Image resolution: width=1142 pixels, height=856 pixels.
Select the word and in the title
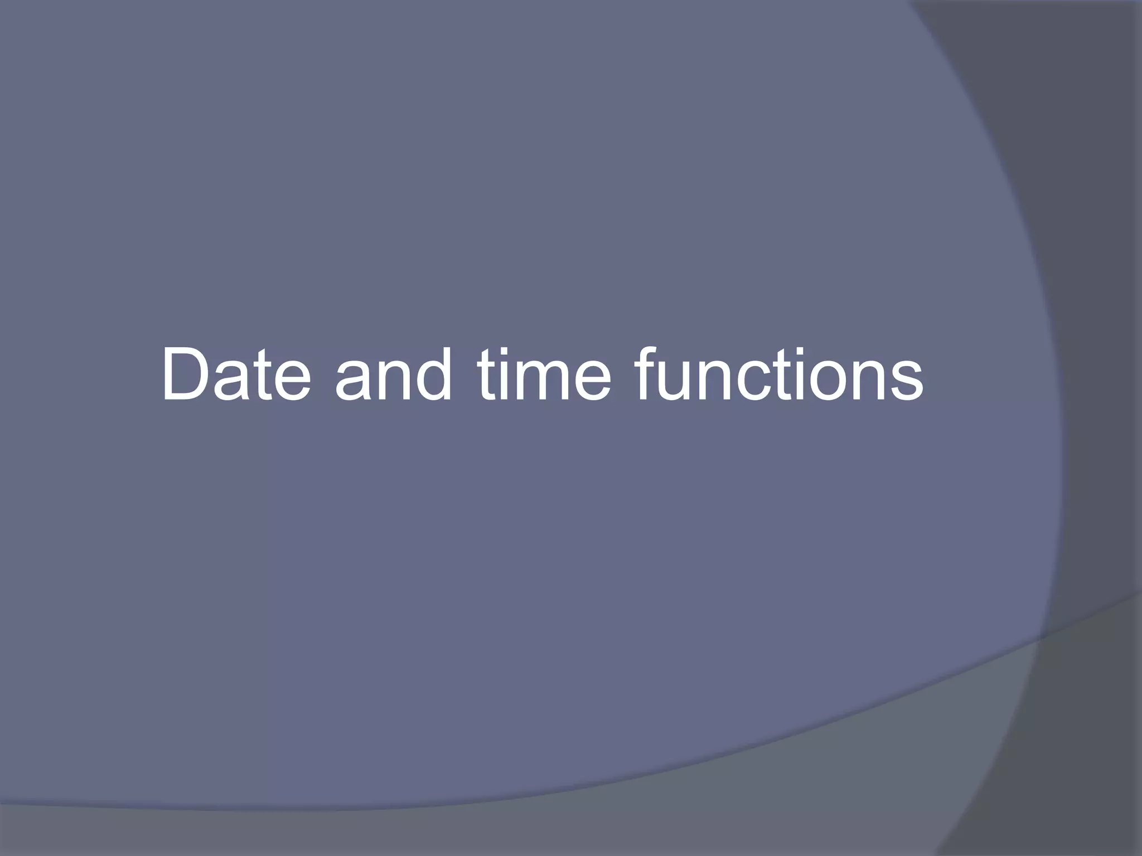coord(393,374)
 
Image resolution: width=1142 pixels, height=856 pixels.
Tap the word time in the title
coord(544,374)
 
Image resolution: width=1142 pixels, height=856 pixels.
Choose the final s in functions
coord(905,382)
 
